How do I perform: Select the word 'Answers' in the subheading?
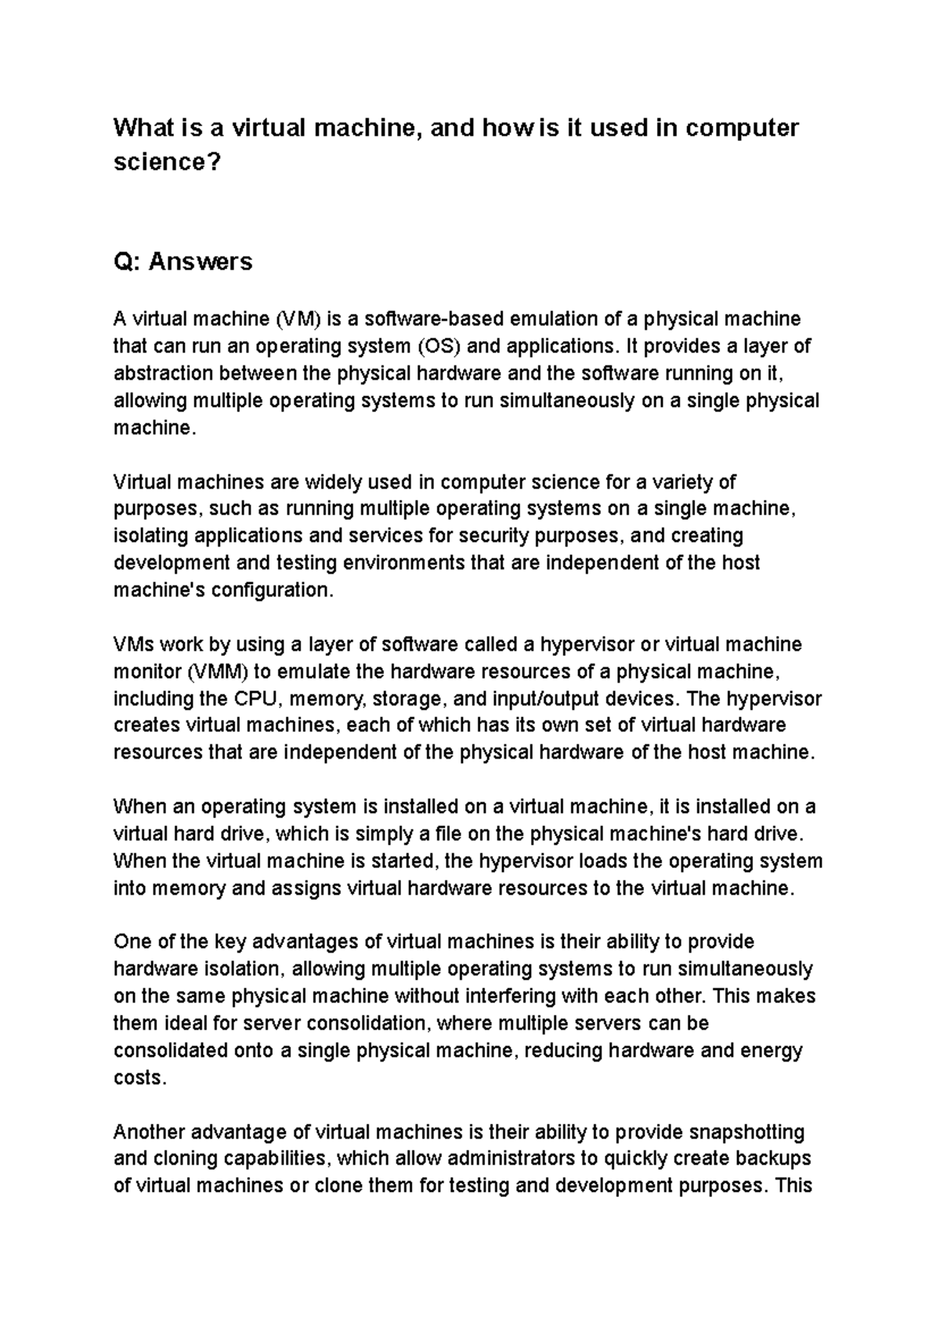[x=201, y=261]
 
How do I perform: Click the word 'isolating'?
[x=150, y=536]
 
